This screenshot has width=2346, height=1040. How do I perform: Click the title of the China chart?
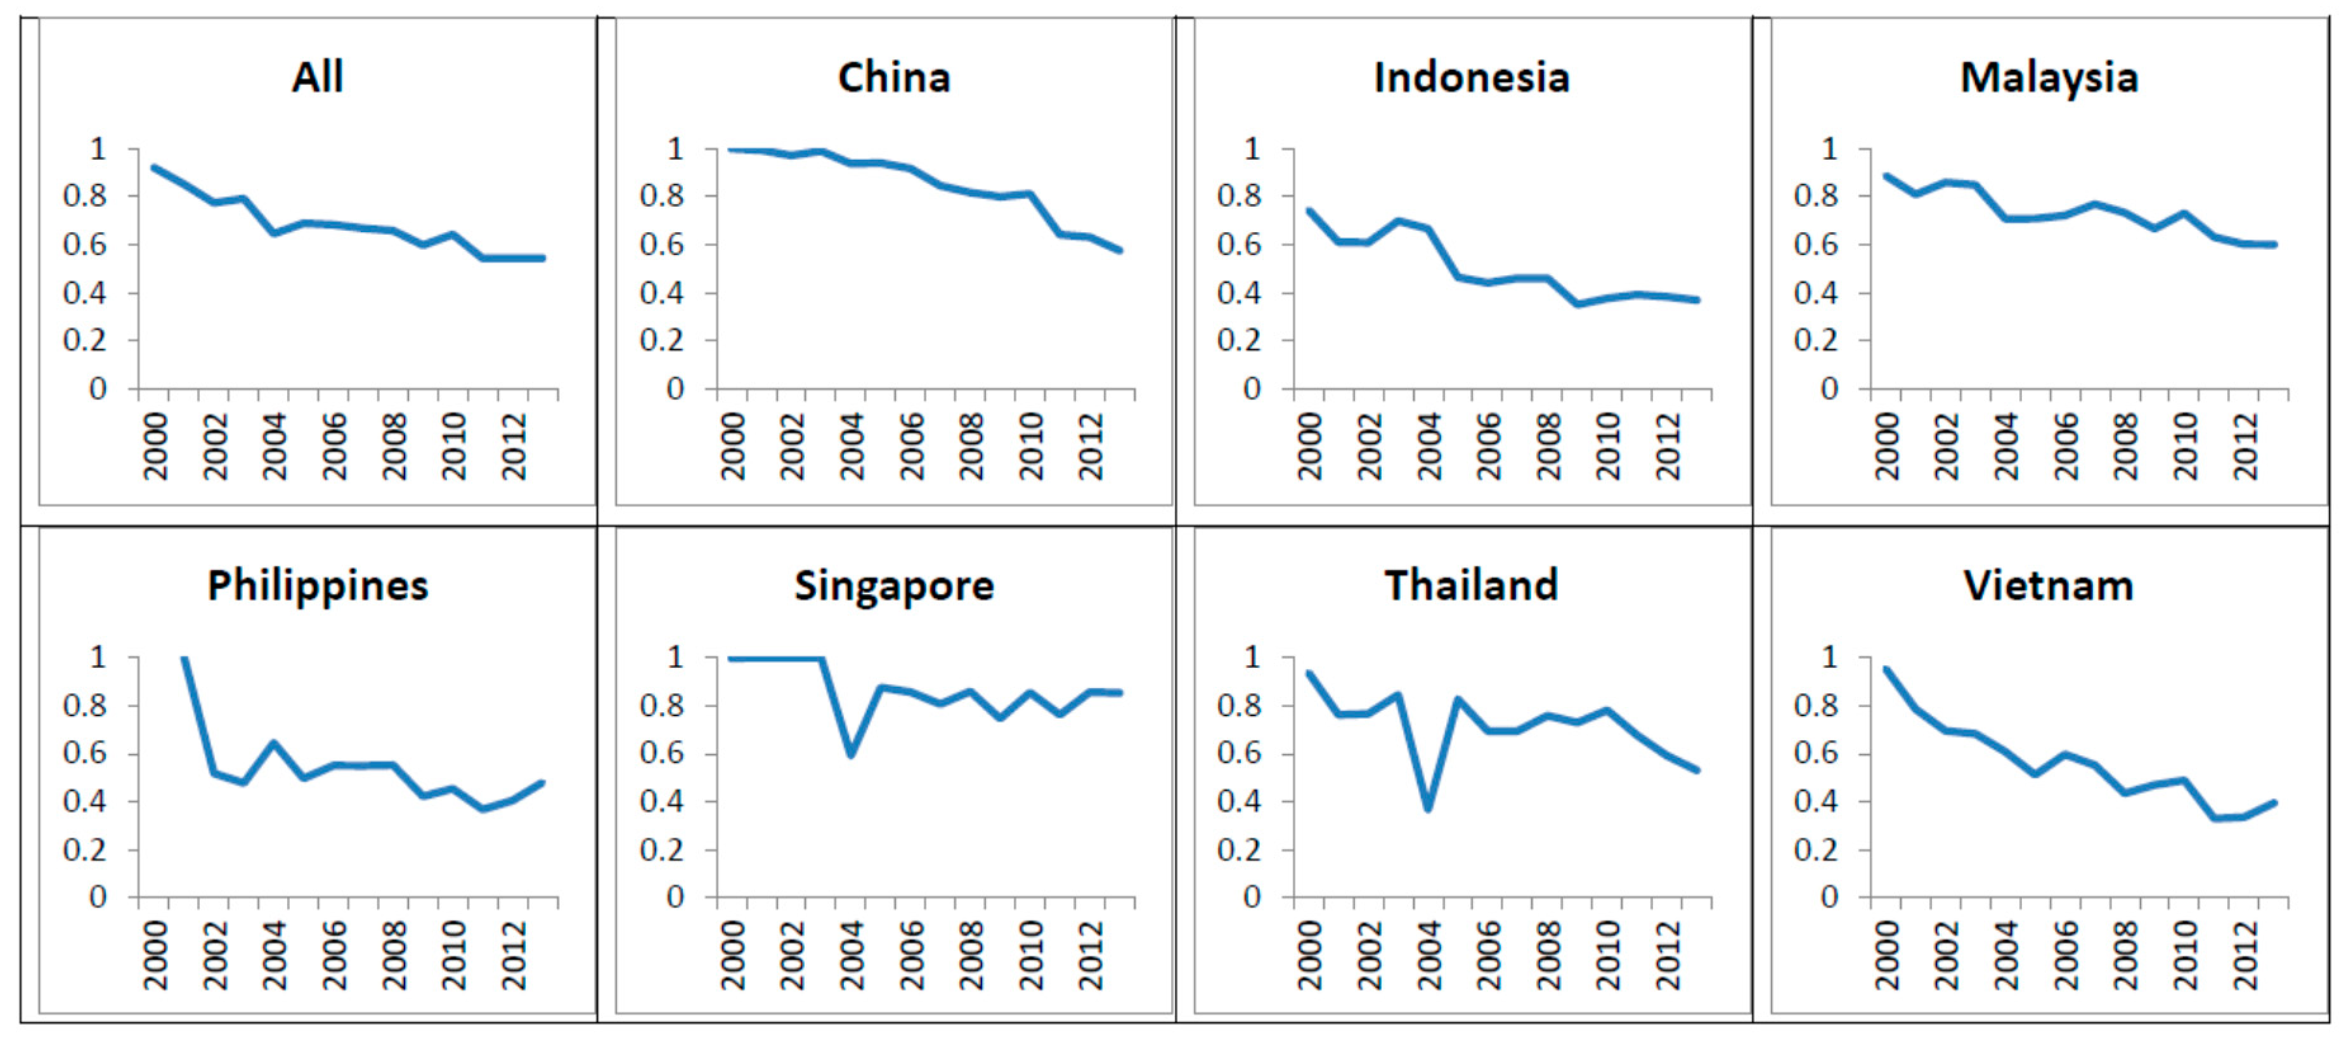tap(893, 77)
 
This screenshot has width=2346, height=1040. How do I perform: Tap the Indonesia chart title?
tap(1471, 77)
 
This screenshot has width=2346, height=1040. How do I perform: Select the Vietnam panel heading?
tap(2048, 585)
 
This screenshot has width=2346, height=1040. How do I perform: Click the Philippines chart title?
tap(317, 585)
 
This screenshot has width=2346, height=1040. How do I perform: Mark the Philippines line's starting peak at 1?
tap(184, 658)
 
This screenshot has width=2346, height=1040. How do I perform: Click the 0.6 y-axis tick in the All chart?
tap(85, 244)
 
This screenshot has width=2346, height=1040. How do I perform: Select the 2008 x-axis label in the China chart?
tap(971, 446)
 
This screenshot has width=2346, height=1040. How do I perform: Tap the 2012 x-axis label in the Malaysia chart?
tap(2245, 446)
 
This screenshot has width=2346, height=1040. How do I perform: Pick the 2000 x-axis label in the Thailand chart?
tap(1309, 954)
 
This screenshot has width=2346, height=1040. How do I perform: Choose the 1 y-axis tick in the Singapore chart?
tap(675, 656)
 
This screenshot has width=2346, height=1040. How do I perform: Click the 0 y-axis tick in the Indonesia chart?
tap(1252, 389)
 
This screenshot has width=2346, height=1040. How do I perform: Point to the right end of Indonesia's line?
tap(1697, 299)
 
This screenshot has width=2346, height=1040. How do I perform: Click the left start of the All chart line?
tap(153, 167)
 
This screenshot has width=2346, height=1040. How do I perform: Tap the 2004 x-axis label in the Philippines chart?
tap(273, 954)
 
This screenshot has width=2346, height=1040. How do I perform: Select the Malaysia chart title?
tap(2048, 77)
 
